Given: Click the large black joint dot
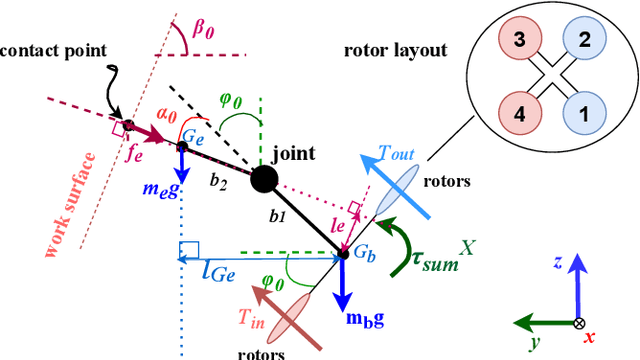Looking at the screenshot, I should [264, 181].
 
